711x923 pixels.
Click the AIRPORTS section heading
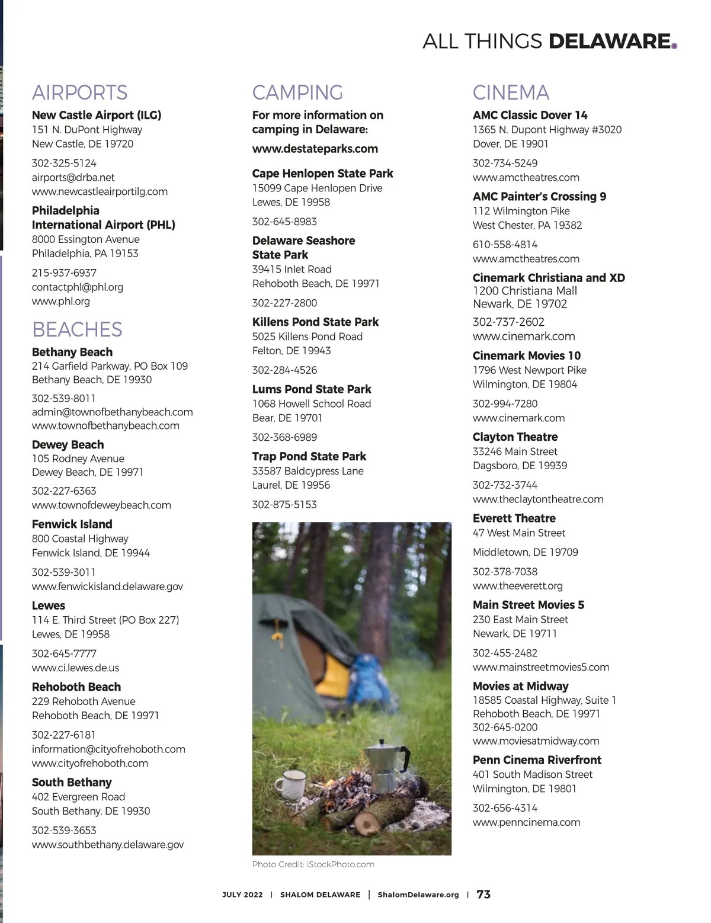click(x=79, y=93)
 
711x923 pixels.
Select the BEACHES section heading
click(x=77, y=329)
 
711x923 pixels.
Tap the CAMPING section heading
click(x=297, y=93)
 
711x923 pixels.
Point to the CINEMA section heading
click(x=511, y=93)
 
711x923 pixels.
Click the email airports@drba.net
click(x=73, y=177)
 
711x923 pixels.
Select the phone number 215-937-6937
click(x=64, y=273)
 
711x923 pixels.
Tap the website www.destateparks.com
click(x=315, y=149)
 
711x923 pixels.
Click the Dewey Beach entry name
click(x=68, y=444)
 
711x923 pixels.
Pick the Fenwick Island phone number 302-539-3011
click(x=63, y=572)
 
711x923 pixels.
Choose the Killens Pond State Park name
click(x=315, y=322)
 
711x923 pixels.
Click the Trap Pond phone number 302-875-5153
click(x=284, y=505)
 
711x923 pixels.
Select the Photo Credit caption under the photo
click(x=313, y=864)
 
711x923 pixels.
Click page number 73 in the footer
click(x=483, y=895)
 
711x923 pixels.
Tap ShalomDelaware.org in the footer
click(x=418, y=895)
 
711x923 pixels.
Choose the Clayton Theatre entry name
click(x=515, y=437)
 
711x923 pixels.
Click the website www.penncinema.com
click(x=526, y=822)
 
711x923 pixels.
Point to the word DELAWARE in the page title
click(x=609, y=41)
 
